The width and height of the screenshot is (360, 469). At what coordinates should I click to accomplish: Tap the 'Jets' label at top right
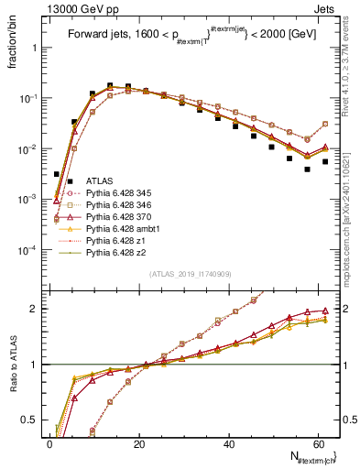[325, 8]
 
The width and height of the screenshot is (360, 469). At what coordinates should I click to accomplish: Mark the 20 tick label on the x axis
[138, 444]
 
